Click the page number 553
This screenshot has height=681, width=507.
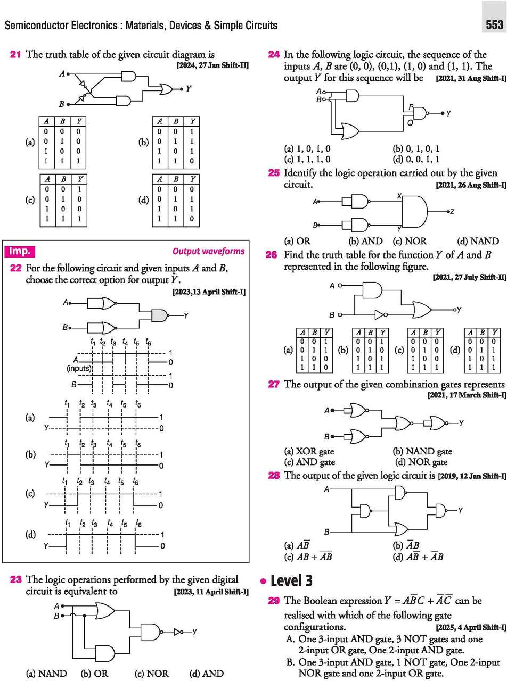(494, 25)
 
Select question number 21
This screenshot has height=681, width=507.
(17, 54)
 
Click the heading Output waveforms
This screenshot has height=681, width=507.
(209, 251)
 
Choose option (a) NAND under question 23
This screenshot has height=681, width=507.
(46, 673)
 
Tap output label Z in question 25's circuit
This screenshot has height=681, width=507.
(452, 211)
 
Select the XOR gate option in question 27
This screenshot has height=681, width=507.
(309, 452)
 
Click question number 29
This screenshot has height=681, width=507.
(274, 601)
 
